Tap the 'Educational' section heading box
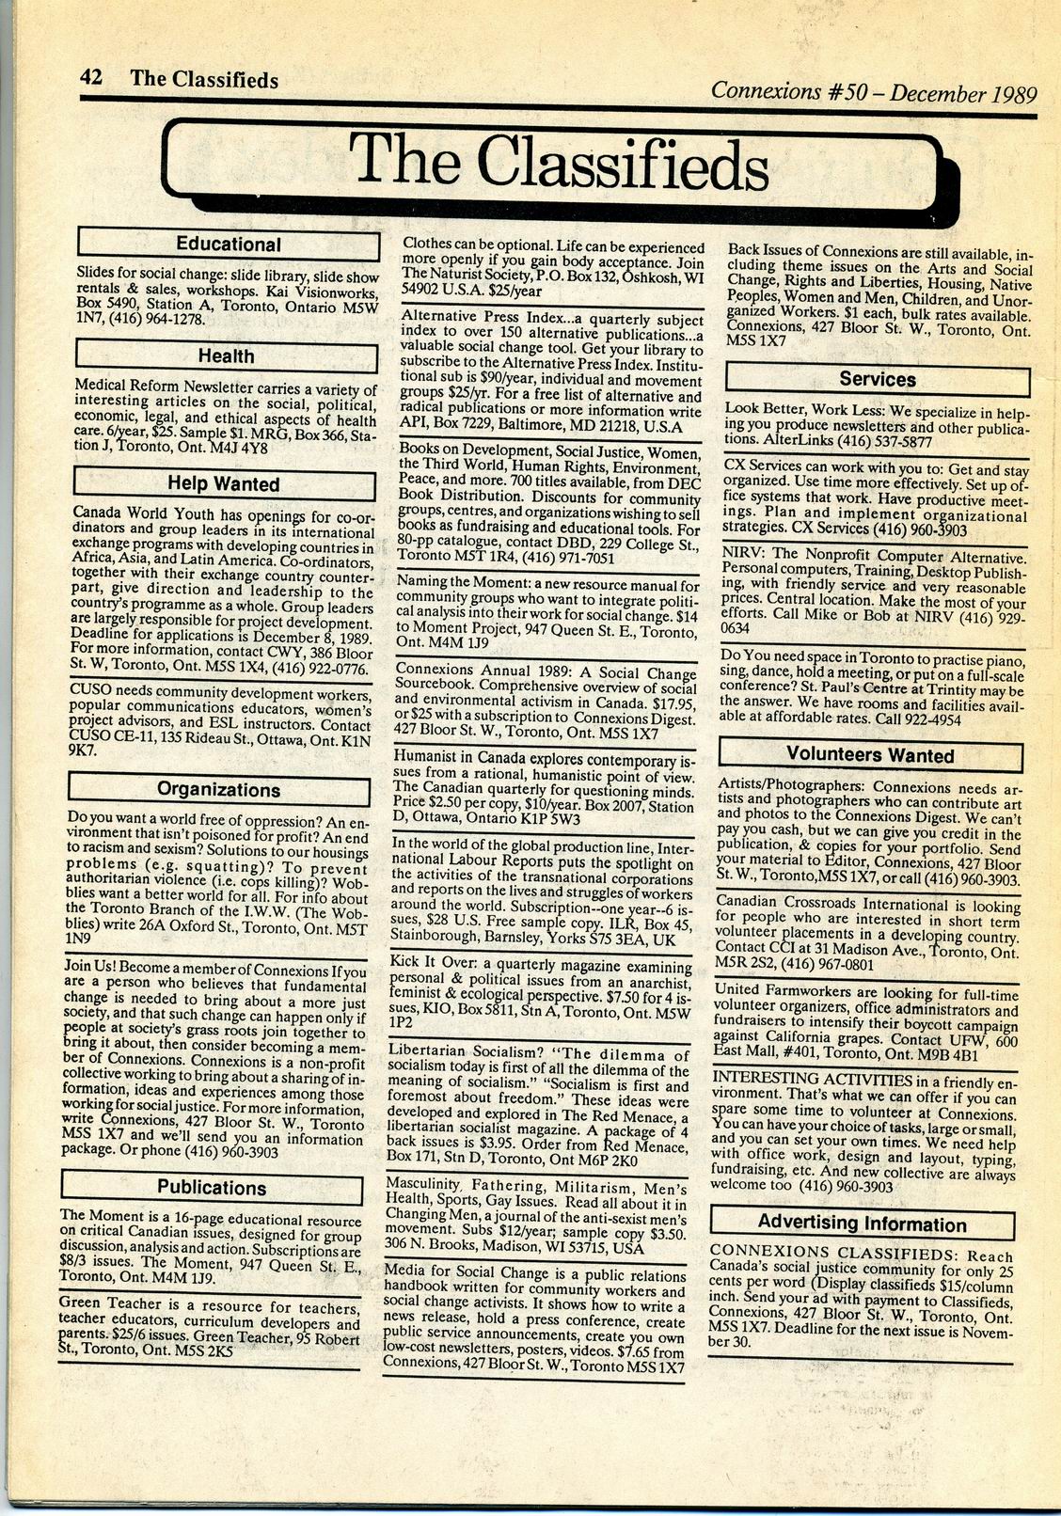(228, 244)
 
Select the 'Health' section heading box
(226, 355)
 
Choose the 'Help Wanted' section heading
(224, 483)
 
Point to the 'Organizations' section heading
(218, 789)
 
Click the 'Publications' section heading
(212, 1187)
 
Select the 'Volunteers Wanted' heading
(869, 754)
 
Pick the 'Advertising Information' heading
(862, 1224)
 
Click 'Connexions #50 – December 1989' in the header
(873, 92)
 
